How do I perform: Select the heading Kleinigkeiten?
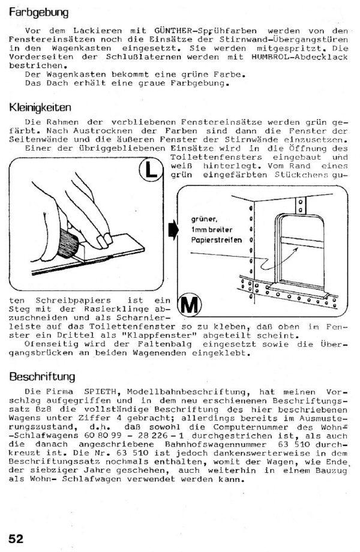pos(41,109)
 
